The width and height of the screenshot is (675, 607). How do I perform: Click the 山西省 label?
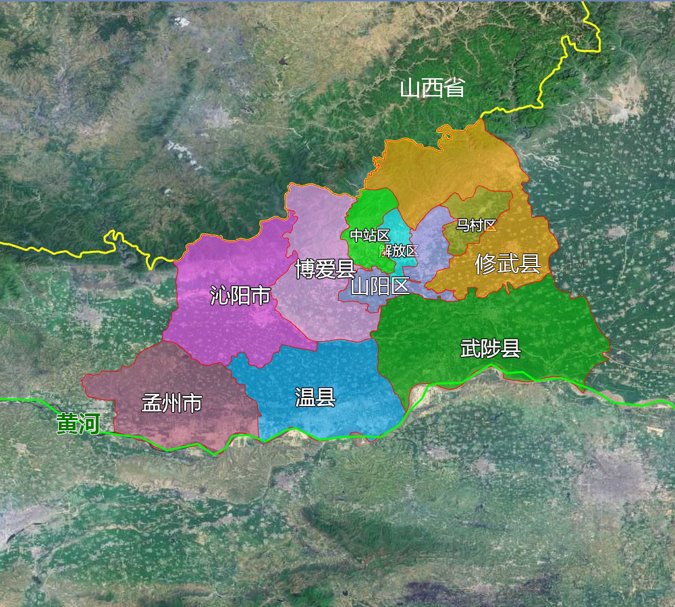[x=432, y=88]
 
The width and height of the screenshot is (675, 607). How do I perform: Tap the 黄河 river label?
[x=78, y=424]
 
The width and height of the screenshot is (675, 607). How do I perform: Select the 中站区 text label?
[x=369, y=235]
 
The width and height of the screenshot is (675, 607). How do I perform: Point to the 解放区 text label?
[x=399, y=251]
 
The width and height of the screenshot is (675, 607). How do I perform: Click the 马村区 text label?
[x=476, y=225]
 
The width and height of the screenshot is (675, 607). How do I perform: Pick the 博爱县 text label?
[x=325, y=269]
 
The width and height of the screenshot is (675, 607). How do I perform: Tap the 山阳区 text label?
[x=380, y=287]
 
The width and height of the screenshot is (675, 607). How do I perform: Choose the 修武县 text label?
[x=508, y=264]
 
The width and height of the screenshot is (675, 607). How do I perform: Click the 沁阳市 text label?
[x=240, y=295]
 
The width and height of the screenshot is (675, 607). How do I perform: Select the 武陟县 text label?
[x=490, y=349]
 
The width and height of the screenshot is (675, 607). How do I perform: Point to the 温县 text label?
[x=315, y=397]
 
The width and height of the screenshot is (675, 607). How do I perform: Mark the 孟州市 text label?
[x=171, y=403]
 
